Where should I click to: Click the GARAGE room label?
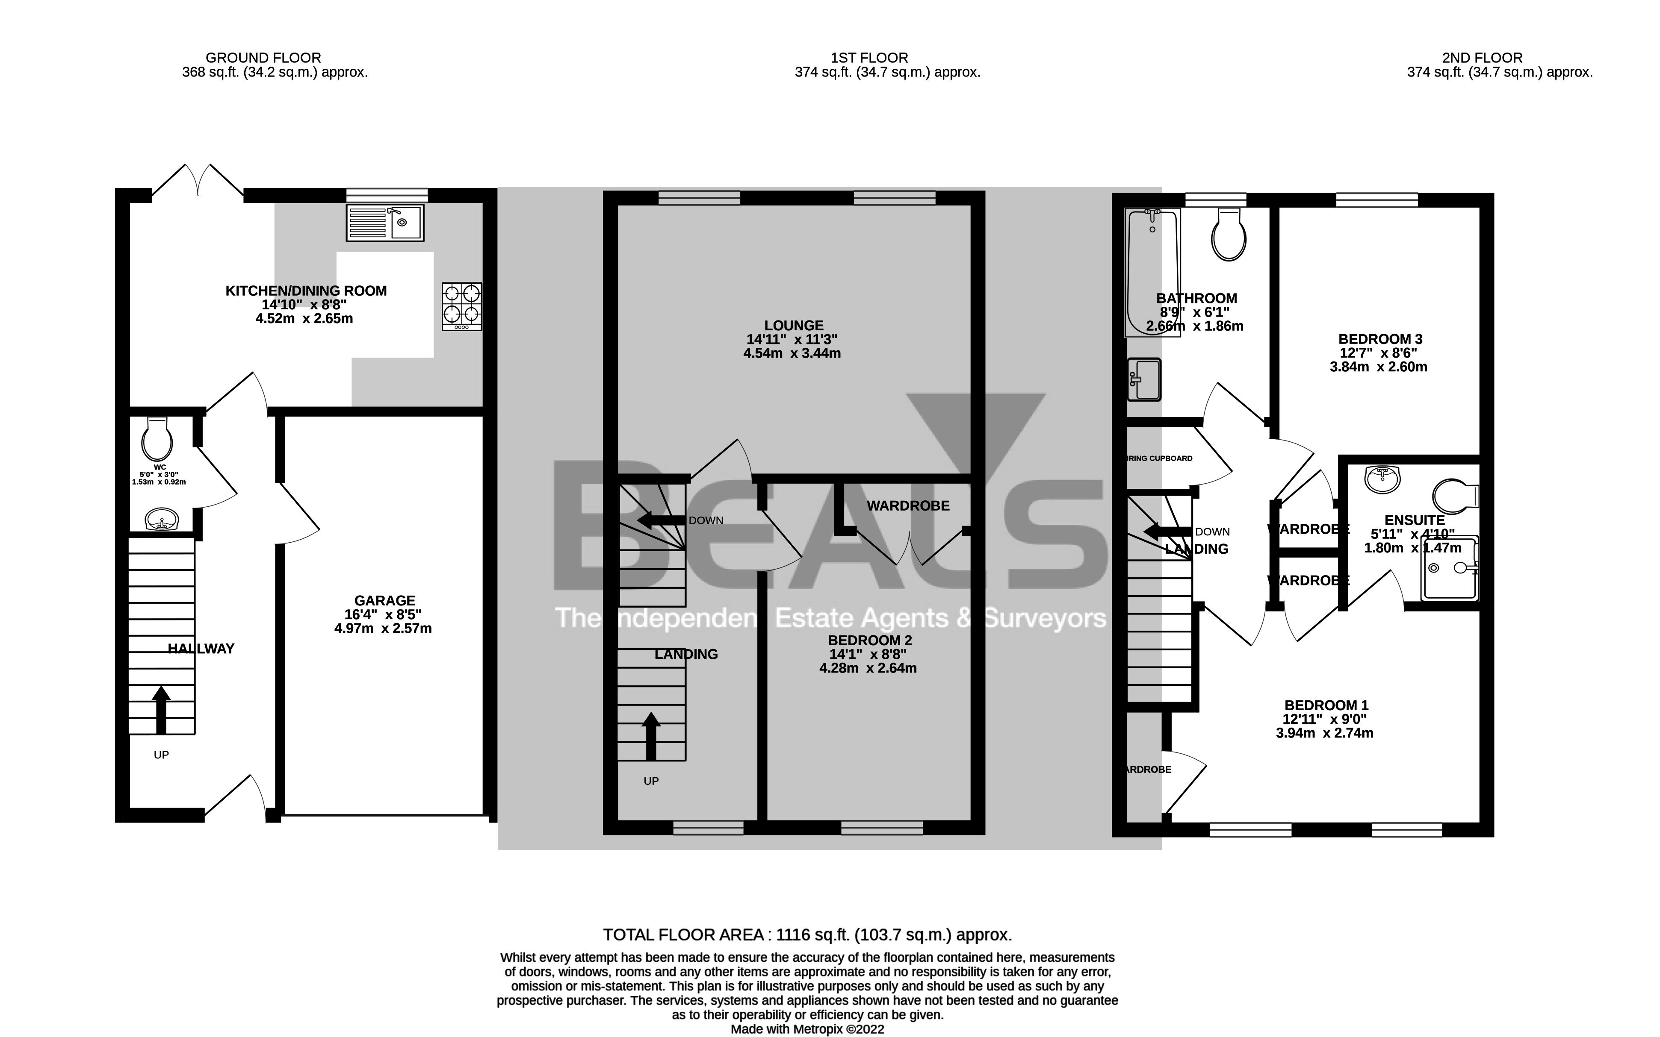click(x=384, y=601)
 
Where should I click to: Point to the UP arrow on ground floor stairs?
click(x=161, y=710)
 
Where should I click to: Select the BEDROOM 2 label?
click(x=869, y=640)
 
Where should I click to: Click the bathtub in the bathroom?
click(x=1152, y=273)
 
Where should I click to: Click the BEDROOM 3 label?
click(x=1379, y=339)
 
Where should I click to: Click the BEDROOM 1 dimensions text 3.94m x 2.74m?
click(x=1324, y=733)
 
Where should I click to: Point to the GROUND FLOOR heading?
click(x=263, y=58)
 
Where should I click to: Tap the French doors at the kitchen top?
click(x=198, y=182)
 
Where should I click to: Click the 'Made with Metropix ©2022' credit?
click(x=807, y=1029)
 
